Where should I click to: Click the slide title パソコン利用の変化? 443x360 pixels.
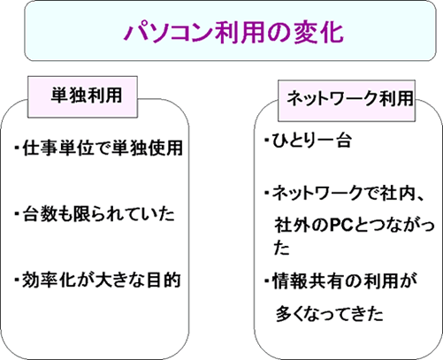[x=233, y=32]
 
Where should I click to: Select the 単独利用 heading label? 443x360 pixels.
[x=87, y=96]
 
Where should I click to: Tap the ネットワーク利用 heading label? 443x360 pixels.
[x=350, y=98]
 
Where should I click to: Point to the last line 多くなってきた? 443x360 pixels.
[x=329, y=314]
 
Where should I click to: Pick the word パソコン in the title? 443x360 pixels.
[x=168, y=33]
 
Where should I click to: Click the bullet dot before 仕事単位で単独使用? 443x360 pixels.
[x=17, y=147]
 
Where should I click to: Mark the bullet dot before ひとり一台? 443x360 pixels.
[x=267, y=140]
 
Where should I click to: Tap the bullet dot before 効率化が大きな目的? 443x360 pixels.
[x=17, y=279]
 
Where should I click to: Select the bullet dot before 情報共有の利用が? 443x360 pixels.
[x=267, y=280]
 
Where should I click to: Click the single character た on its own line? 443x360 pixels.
[x=281, y=248]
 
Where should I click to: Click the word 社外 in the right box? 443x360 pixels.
[x=292, y=226]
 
